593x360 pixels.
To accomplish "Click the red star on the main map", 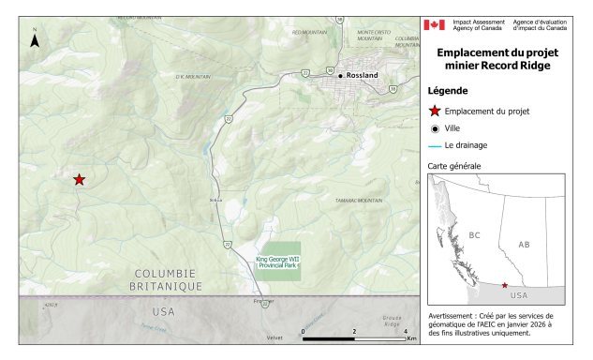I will [x=80, y=179].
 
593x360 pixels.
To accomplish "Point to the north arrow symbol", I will [x=35, y=40].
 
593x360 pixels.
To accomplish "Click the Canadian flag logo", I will [x=434, y=24].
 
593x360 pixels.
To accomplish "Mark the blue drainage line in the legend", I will [x=435, y=145].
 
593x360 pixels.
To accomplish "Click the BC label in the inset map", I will [x=474, y=235].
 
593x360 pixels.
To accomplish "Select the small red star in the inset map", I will [x=505, y=285].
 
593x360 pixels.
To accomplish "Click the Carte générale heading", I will [x=454, y=166].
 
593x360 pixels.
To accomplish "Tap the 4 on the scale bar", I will [x=404, y=331].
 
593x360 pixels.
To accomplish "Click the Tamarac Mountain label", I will [x=359, y=201].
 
